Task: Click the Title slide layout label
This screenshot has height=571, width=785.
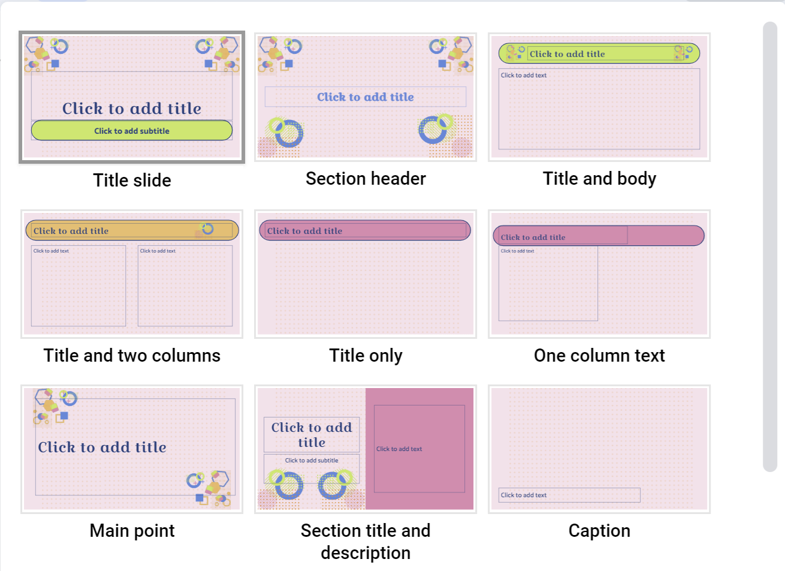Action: click(x=132, y=181)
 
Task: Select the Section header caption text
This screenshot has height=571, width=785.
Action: click(x=366, y=179)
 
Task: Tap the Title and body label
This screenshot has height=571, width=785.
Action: click(x=599, y=179)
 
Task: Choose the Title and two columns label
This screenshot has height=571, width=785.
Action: click(x=132, y=356)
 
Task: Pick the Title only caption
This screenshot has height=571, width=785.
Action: click(x=366, y=356)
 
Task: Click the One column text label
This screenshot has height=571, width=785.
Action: click(x=599, y=356)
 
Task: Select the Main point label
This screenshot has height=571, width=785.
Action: click(x=132, y=531)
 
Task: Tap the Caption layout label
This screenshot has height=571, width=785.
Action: click(x=599, y=531)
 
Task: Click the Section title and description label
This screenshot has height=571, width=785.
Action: click(x=366, y=541)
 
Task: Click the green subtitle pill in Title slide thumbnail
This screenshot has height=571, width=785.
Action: click(x=132, y=131)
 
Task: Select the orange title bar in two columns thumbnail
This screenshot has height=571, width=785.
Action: click(x=132, y=230)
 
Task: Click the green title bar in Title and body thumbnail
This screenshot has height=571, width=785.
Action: click(x=599, y=53)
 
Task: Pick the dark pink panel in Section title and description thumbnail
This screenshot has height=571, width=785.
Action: click(x=419, y=449)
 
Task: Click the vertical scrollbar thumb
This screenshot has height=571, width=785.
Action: click(x=770, y=246)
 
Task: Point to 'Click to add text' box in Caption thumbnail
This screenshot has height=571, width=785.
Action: click(x=569, y=495)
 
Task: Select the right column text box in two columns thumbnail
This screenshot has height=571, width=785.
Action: click(x=185, y=285)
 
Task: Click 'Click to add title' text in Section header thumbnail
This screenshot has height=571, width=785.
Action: click(x=366, y=97)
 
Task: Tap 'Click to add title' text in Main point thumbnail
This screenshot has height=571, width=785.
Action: click(x=102, y=447)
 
